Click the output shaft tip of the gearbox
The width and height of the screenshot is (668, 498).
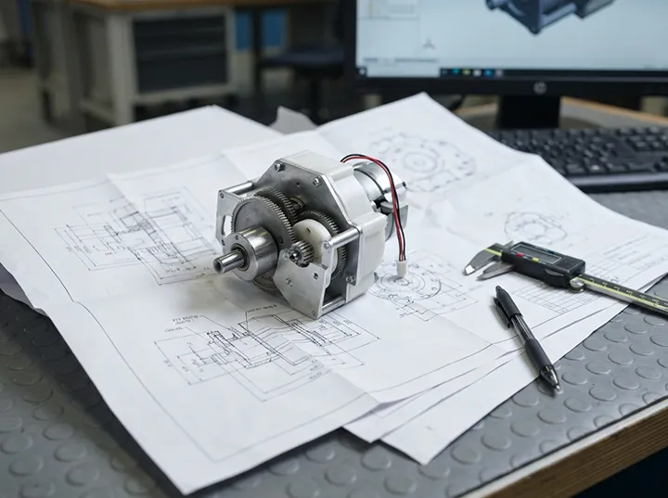(x=222, y=264)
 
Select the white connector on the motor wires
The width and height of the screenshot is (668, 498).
(x=402, y=266)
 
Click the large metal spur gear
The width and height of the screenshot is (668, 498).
(x=264, y=223)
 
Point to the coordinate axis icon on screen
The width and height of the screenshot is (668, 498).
(x=427, y=45)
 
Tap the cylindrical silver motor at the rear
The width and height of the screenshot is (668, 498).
(x=380, y=190)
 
